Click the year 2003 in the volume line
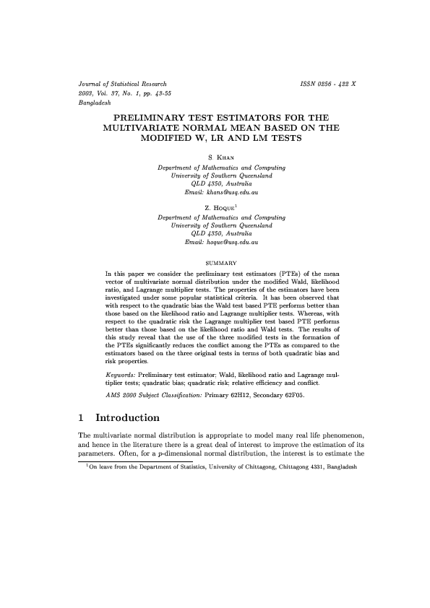(x=87, y=94)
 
